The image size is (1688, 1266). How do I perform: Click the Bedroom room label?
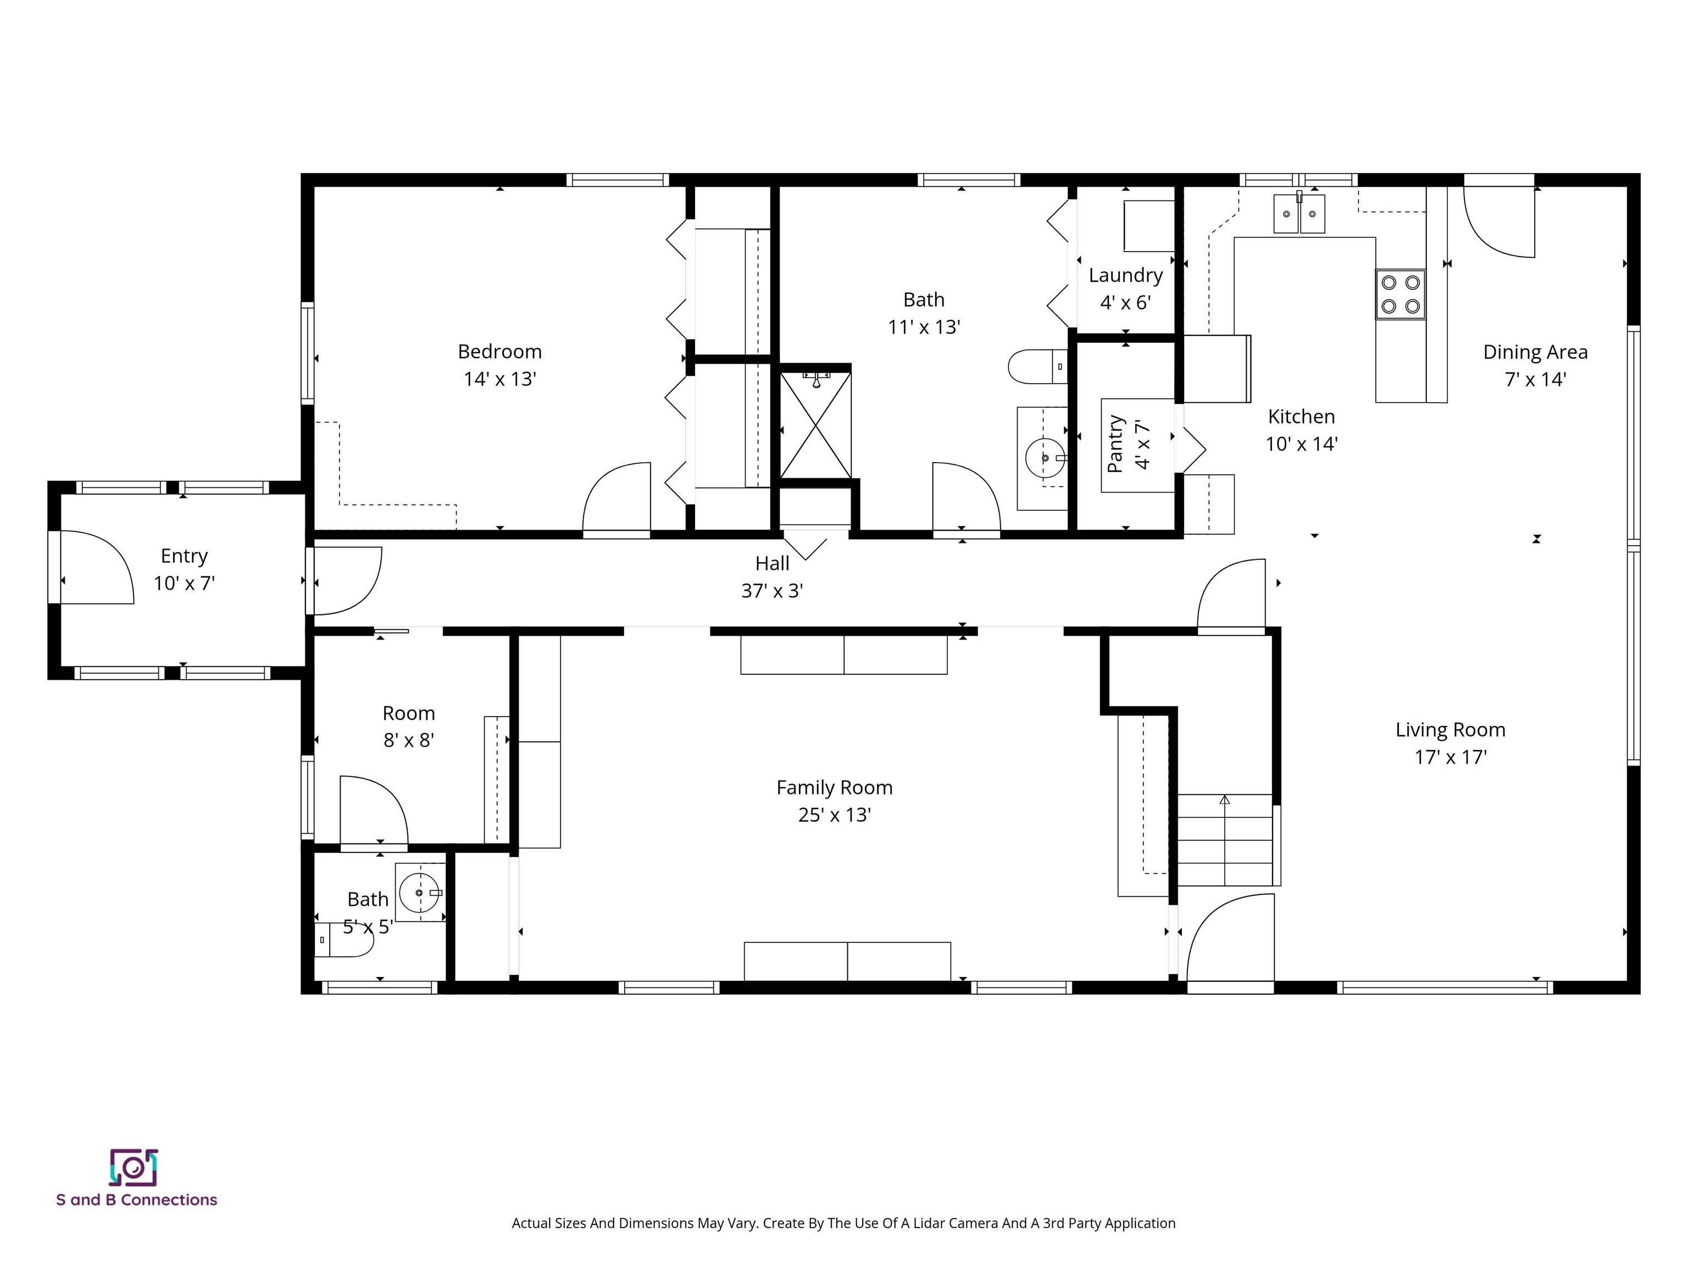click(x=500, y=352)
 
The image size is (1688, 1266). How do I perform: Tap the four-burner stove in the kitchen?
click(x=1400, y=295)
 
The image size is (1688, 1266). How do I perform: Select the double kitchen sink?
click(x=1299, y=214)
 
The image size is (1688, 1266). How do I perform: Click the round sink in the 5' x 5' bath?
click(x=420, y=892)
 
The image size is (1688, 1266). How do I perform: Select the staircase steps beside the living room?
click(x=1225, y=840)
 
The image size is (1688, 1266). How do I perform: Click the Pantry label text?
click(x=1115, y=444)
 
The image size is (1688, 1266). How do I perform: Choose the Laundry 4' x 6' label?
click(x=1125, y=288)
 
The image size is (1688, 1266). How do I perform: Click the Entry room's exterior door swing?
click(x=96, y=569)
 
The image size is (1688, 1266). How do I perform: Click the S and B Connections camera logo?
click(x=134, y=1168)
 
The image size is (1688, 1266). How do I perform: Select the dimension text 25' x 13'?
click(x=834, y=815)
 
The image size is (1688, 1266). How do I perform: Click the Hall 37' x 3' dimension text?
click(x=771, y=591)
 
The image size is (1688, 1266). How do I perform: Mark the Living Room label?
click(x=1450, y=730)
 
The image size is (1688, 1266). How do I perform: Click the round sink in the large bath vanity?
click(x=1045, y=458)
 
